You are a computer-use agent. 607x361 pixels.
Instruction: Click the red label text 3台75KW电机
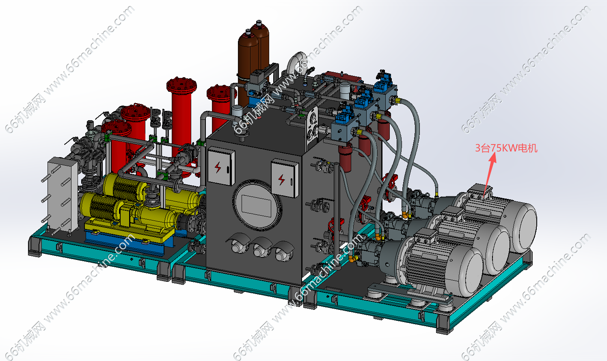point(506,148)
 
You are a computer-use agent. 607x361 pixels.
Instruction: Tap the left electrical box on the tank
point(221,166)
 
